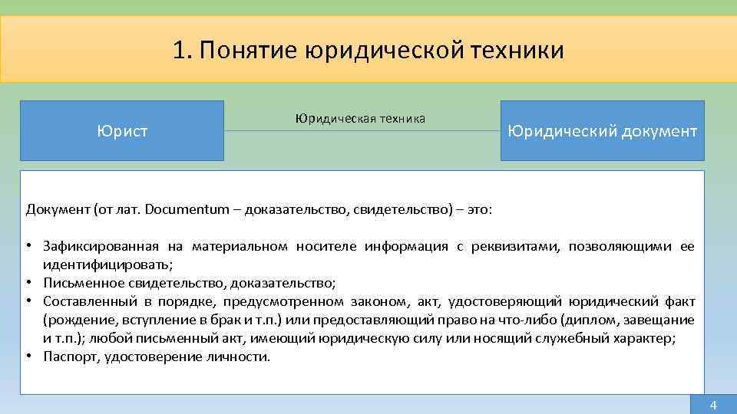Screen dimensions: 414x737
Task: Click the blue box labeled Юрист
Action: pos(122,131)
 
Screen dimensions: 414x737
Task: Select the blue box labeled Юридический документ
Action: pos(602,131)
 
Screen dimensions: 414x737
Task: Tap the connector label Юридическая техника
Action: pos(360,119)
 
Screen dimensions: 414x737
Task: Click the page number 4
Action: pos(712,405)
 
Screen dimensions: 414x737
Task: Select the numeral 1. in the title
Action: pos(182,51)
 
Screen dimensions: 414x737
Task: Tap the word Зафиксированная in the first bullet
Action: pos(101,246)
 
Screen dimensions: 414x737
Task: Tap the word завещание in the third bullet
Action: pos(663,320)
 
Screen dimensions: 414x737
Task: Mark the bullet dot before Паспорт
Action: pos(30,356)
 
